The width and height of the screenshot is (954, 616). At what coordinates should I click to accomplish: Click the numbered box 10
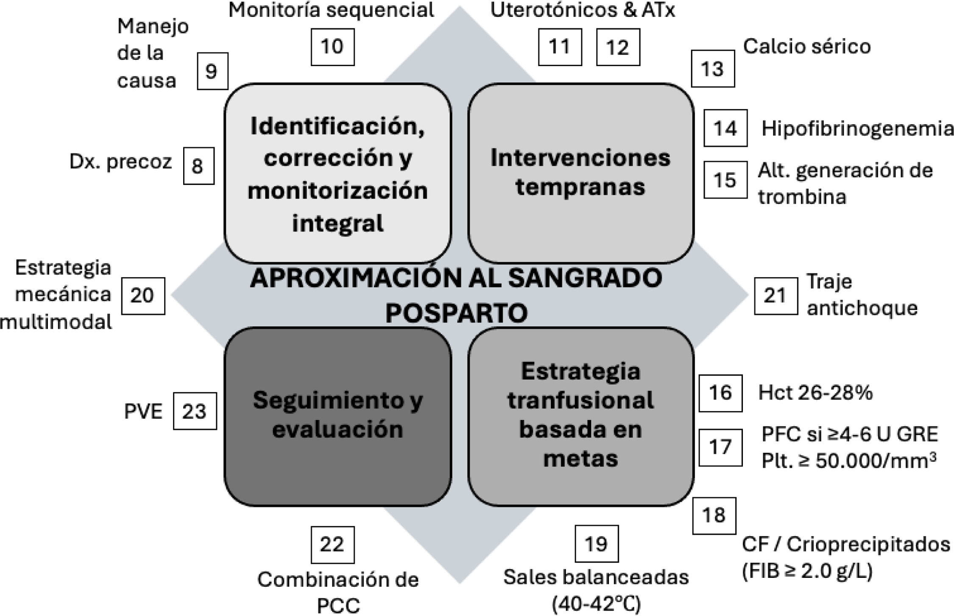click(x=332, y=47)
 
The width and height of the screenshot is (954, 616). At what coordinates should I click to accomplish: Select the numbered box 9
click(x=212, y=71)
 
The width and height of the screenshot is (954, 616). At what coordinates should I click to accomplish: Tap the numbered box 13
click(x=713, y=69)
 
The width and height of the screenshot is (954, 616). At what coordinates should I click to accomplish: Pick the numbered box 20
click(x=143, y=296)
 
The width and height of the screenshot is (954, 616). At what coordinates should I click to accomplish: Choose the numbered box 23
click(x=195, y=411)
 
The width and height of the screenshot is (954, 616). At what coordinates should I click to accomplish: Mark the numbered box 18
click(x=714, y=516)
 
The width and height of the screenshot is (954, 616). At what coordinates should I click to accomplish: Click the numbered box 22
click(x=332, y=545)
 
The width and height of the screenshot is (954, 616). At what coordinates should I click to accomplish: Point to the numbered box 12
click(x=618, y=47)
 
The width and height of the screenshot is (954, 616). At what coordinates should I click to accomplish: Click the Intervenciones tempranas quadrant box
click(x=580, y=173)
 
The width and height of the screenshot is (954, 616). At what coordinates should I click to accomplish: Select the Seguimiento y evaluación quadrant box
click(x=338, y=416)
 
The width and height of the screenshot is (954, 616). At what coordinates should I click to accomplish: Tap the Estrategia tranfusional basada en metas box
click(x=580, y=416)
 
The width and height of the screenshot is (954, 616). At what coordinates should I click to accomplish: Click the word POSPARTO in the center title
click(x=456, y=313)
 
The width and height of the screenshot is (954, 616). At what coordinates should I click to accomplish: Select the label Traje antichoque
click(x=861, y=295)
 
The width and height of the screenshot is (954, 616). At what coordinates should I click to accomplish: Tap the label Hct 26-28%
click(x=815, y=393)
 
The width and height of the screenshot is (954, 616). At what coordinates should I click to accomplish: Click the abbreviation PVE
click(x=143, y=412)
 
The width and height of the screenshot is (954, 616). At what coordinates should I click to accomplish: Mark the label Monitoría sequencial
click(x=331, y=10)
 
